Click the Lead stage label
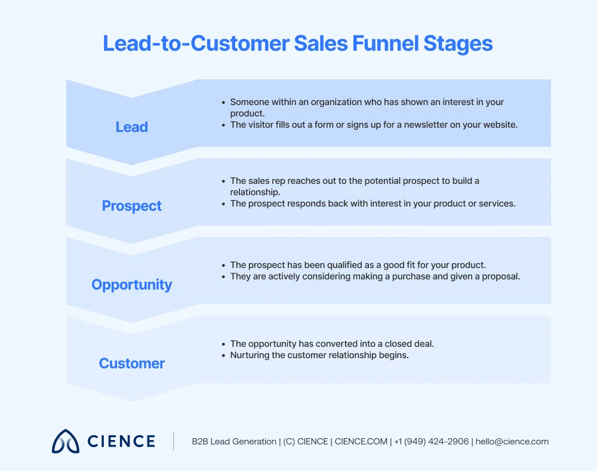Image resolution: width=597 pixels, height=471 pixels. [131, 127]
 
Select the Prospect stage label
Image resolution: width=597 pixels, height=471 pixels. [131, 206]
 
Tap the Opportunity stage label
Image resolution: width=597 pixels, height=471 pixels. [131, 285]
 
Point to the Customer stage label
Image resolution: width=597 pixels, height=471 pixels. [131, 364]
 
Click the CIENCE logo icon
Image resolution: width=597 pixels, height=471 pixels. [65, 441]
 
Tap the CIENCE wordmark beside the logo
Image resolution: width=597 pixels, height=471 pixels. [121, 442]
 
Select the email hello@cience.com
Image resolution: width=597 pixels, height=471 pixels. [512, 442]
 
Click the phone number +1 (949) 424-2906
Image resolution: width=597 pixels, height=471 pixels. [432, 442]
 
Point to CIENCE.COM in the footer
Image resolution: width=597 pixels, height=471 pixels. [361, 442]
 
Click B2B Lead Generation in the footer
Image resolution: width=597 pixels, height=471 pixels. [234, 442]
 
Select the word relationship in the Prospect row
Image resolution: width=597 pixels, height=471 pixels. [256, 192]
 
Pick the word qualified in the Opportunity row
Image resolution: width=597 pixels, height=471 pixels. [330, 265]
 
